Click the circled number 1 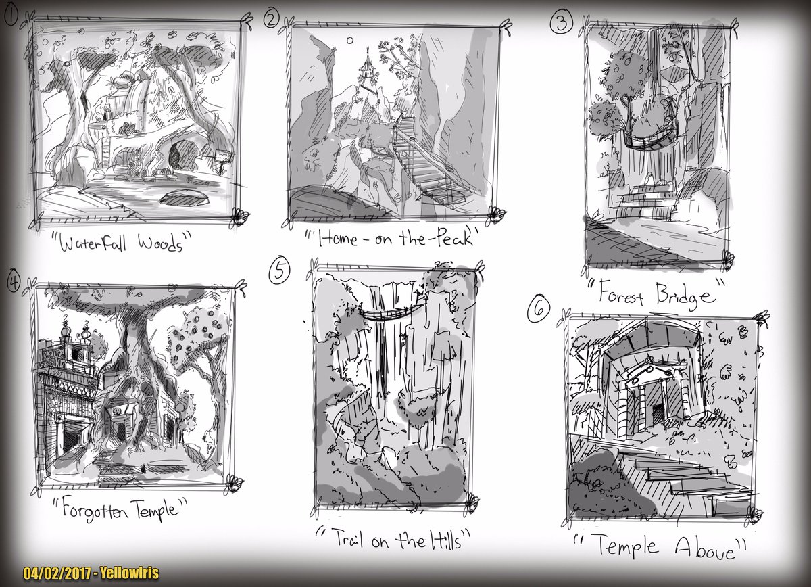tap(11, 17)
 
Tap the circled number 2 tap(271, 20)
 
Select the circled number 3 tap(561, 22)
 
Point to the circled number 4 tap(14, 281)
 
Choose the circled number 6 tap(539, 310)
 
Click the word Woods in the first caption tap(160, 243)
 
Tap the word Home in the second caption tap(337, 239)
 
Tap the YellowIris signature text tap(130, 573)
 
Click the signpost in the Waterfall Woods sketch tap(223, 160)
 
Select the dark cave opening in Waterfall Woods tap(176, 156)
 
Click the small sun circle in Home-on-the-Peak tap(350, 40)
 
